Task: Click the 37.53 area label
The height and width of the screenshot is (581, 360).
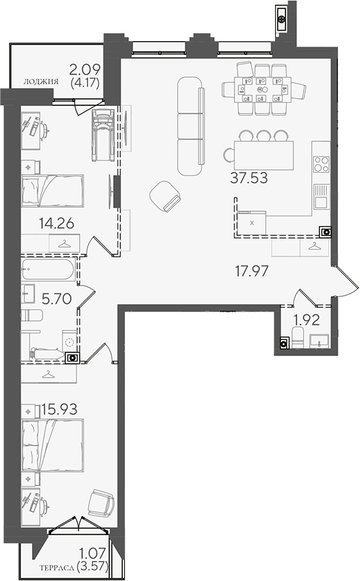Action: point(249,178)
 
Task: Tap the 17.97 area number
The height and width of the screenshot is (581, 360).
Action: point(252,271)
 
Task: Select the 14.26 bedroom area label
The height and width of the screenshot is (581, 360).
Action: point(57,224)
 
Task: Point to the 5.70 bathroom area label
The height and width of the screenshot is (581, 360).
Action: point(57,299)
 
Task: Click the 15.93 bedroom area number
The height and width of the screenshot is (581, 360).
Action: point(59,409)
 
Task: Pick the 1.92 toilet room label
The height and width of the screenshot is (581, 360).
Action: point(306,320)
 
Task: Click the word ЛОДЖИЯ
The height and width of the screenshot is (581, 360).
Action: point(41,82)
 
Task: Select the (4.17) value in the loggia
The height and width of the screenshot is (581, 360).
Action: point(85,82)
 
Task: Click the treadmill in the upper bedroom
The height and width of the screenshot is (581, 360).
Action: point(103,135)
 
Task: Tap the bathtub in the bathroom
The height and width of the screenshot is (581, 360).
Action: point(48,269)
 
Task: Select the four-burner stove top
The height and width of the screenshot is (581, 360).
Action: point(321,164)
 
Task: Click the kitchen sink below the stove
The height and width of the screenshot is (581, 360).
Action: point(321,197)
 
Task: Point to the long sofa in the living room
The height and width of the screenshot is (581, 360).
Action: point(191,126)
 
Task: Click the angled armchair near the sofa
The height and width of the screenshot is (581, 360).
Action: point(165,196)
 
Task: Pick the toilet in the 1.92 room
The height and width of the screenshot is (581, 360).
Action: point(297,337)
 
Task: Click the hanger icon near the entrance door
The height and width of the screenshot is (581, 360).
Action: point(314,246)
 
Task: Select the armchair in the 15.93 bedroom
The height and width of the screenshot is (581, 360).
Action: point(101,503)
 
